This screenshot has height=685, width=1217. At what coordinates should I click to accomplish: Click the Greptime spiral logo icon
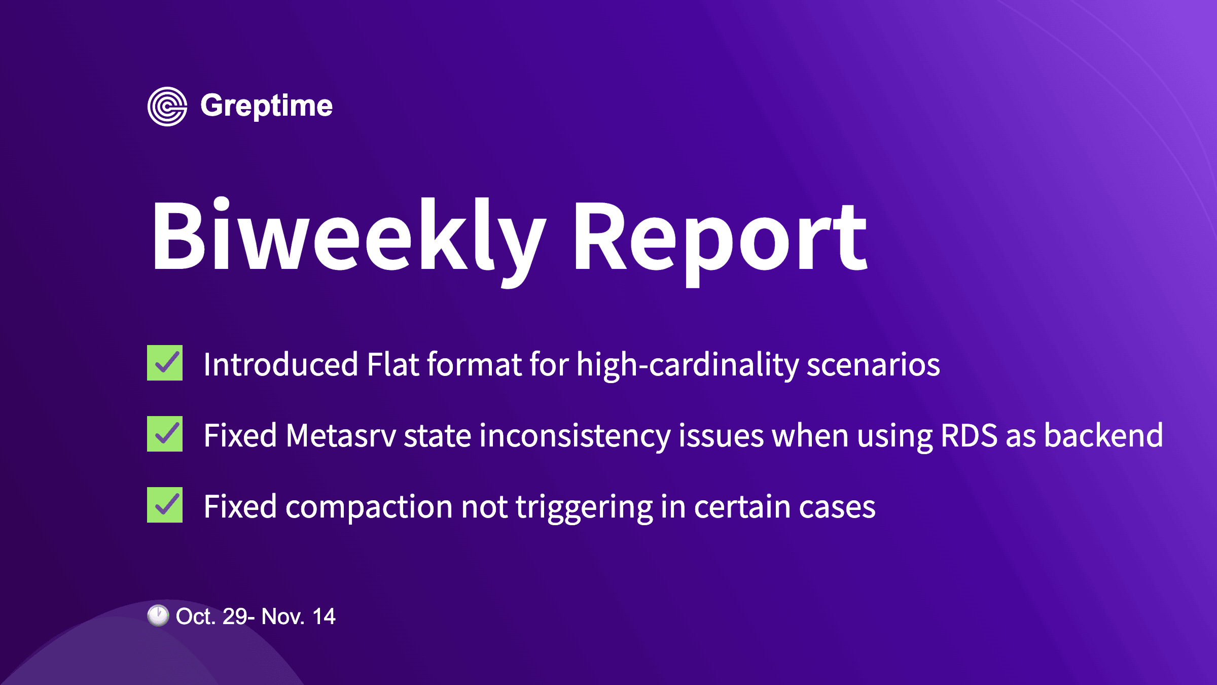point(167,107)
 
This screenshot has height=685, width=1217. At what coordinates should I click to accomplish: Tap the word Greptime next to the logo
point(266,106)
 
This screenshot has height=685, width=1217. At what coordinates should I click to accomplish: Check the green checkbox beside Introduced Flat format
point(165,363)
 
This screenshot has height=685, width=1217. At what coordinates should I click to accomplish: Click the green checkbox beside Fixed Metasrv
point(165,434)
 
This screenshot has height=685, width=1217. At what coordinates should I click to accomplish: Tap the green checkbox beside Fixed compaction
point(165,505)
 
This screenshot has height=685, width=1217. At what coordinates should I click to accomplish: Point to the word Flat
point(392,364)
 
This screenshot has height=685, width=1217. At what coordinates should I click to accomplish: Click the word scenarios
point(873,364)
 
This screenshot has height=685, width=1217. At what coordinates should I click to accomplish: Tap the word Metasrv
point(340,435)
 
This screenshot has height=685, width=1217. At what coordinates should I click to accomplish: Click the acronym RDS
point(969,435)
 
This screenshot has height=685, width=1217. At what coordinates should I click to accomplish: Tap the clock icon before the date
point(158,615)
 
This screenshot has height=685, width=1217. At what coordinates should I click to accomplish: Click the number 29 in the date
point(234,616)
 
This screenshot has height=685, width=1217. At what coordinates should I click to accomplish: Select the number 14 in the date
point(324,616)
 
